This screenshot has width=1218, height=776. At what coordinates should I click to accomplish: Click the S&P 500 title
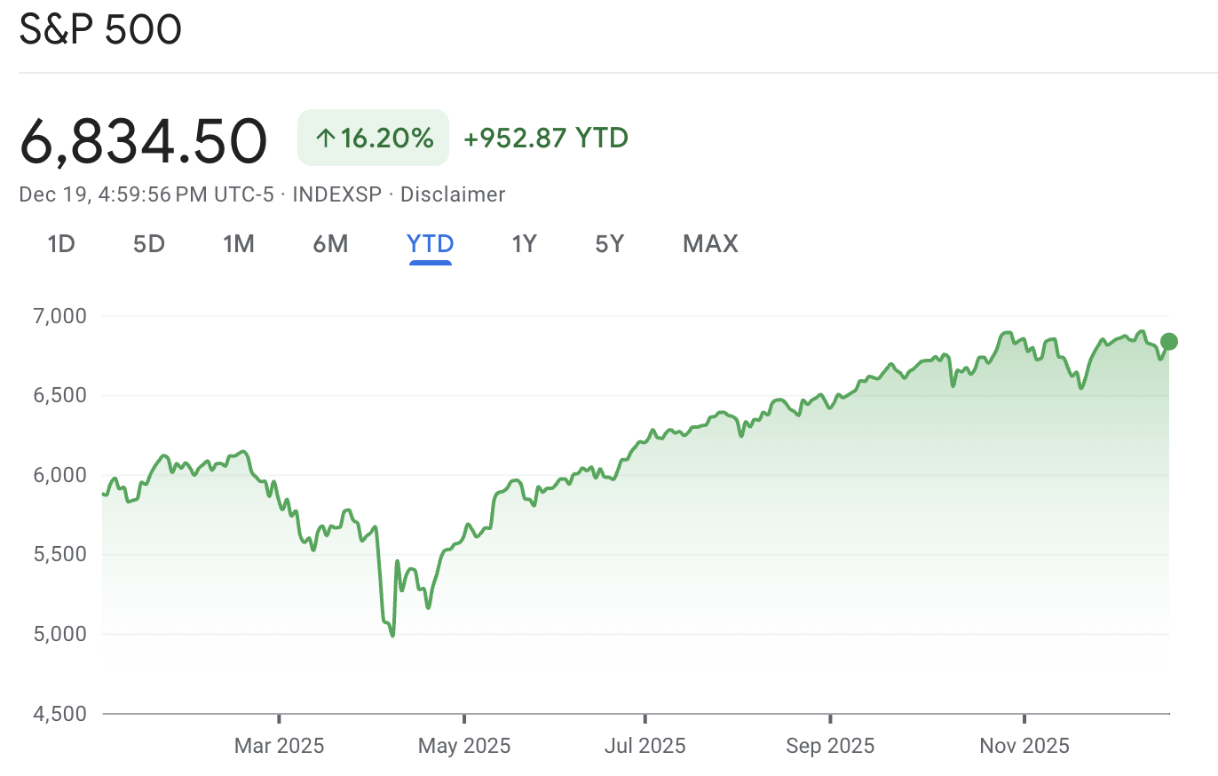pyautogui.click(x=100, y=30)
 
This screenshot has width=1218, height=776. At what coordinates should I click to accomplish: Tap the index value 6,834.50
pyautogui.click(x=143, y=141)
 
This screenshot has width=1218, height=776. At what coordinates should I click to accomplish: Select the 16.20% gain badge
pyautogui.click(x=373, y=138)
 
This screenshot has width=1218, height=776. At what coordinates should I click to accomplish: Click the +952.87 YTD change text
pyautogui.click(x=546, y=138)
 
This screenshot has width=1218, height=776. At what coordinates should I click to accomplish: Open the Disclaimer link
pyautogui.click(x=453, y=194)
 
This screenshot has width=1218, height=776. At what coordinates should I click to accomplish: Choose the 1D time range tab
pyautogui.click(x=60, y=243)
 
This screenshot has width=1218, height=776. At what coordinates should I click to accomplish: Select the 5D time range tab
pyautogui.click(x=149, y=243)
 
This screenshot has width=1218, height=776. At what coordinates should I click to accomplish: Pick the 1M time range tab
pyautogui.click(x=239, y=243)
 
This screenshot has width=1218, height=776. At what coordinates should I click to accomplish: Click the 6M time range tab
pyautogui.click(x=330, y=243)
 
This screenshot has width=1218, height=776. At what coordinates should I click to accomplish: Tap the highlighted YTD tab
pyautogui.click(x=431, y=243)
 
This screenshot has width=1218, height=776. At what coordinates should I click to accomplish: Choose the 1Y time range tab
pyautogui.click(x=524, y=243)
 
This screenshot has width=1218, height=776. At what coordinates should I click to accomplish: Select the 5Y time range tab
pyautogui.click(x=610, y=243)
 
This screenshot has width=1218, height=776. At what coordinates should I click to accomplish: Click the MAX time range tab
pyautogui.click(x=710, y=243)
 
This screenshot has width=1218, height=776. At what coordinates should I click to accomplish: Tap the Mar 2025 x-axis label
pyautogui.click(x=279, y=746)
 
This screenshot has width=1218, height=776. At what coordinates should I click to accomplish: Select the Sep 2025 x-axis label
pyautogui.click(x=830, y=746)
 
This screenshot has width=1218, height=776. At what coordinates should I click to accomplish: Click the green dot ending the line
pyautogui.click(x=1169, y=342)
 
